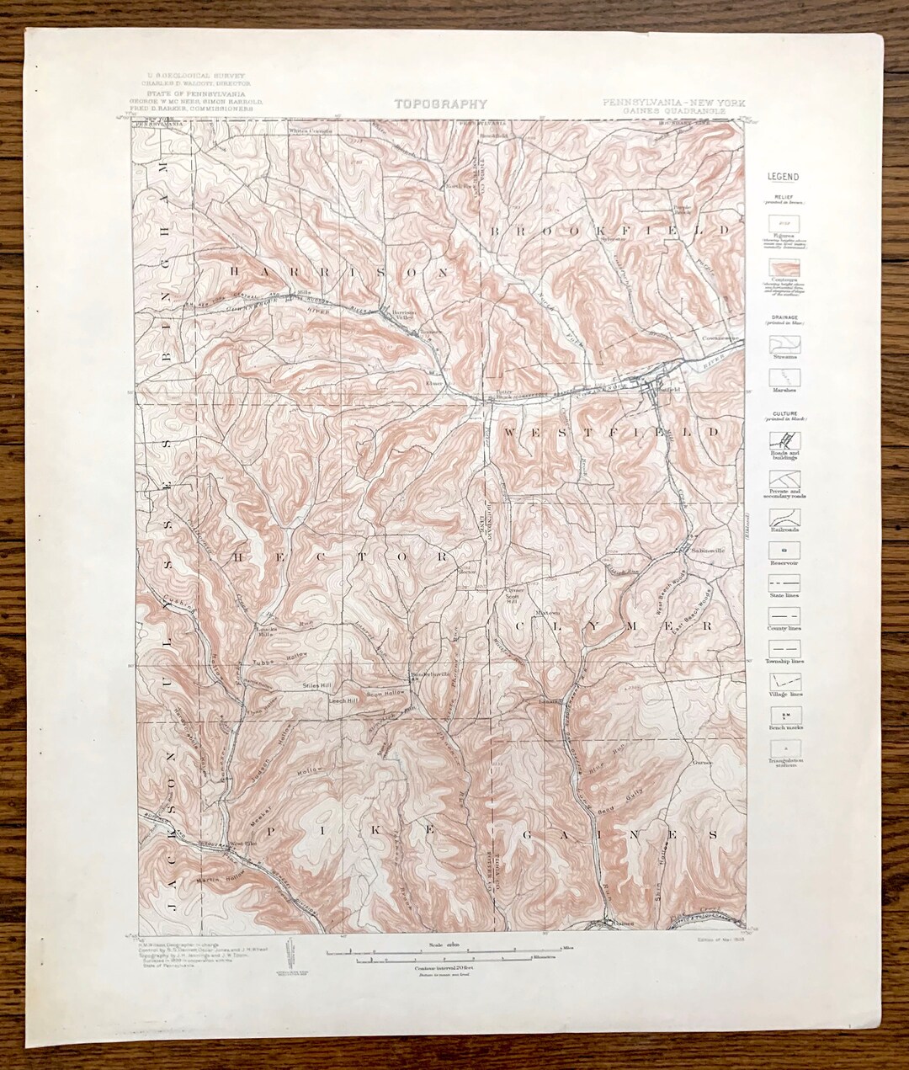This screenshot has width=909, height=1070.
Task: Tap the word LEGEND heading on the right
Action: (783, 177)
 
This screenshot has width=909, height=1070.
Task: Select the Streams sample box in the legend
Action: (784, 343)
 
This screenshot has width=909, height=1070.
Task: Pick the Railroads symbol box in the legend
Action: (784, 517)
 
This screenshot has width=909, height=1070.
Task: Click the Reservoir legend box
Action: (784, 549)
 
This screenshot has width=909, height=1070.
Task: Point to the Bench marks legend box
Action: (784, 716)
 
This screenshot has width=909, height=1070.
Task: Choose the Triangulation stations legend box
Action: (784, 748)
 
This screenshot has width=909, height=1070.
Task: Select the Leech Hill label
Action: (344, 700)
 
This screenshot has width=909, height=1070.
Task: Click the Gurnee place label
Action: (703, 763)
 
